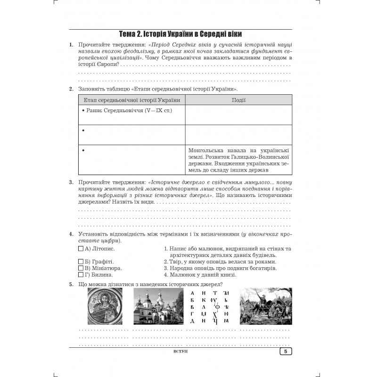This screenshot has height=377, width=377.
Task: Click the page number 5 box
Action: click(x=286, y=351)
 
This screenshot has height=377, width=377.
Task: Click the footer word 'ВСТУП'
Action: click(x=181, y=352)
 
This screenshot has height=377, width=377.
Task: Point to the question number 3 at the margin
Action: click(x=71, y=182)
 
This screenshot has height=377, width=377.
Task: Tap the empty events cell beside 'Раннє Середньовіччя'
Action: click(x=238, y=115)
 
